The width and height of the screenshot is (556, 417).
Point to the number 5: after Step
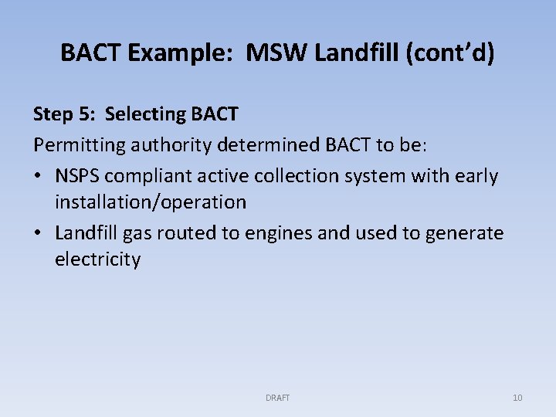(87, 114)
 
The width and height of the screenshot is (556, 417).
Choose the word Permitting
(72, 145)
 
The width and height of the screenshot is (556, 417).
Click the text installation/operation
(150, 202)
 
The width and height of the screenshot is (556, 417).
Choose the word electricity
(97, 259)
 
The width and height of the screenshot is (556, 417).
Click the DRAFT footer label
(277, 398)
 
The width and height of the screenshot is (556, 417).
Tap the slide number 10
(517, 398)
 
